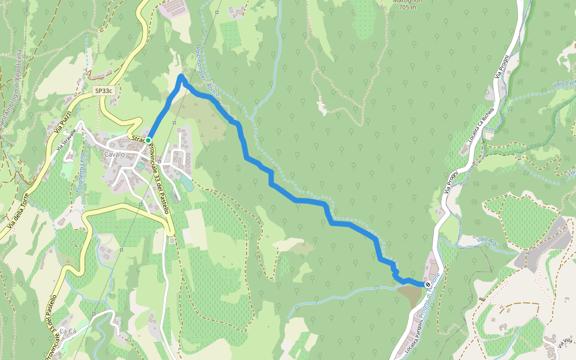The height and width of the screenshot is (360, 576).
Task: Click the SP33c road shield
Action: click(103, 91)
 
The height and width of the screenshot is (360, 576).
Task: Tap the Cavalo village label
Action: click(114, 154)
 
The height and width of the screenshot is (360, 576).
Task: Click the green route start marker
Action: click(148, 140)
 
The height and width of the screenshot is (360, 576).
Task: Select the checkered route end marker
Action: click(428, 284)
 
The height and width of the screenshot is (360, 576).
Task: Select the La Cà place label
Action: click(67, 331)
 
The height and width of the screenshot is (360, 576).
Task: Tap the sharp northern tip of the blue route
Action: click(181, 76)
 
